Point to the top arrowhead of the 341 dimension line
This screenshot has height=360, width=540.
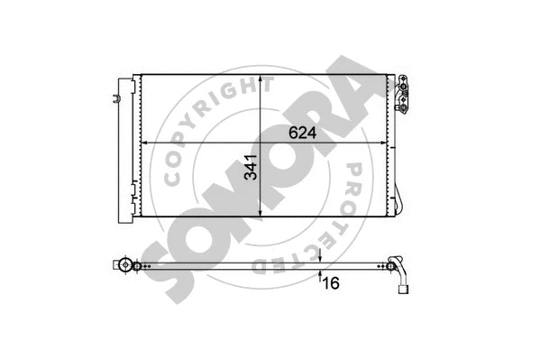(261, 80)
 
